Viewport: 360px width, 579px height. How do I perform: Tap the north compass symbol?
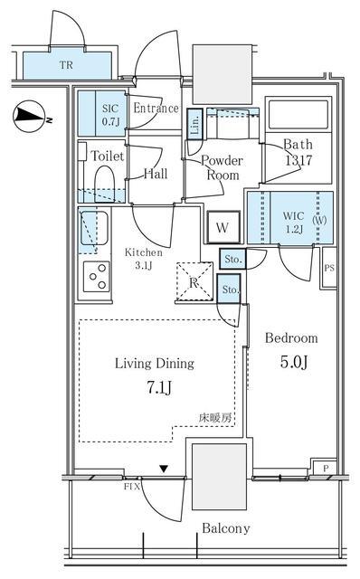(x=29, y=115)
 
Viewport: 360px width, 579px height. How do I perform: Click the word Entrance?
(x=156, y=109)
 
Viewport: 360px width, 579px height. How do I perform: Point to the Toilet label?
(x=107, y=155)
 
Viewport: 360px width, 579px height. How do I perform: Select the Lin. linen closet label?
(x=195, y=125)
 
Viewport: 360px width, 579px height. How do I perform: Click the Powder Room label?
(x=222, y=166)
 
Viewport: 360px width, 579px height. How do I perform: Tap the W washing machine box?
(x=223, y=227)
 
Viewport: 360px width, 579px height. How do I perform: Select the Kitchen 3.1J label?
(x=143, y=259)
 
